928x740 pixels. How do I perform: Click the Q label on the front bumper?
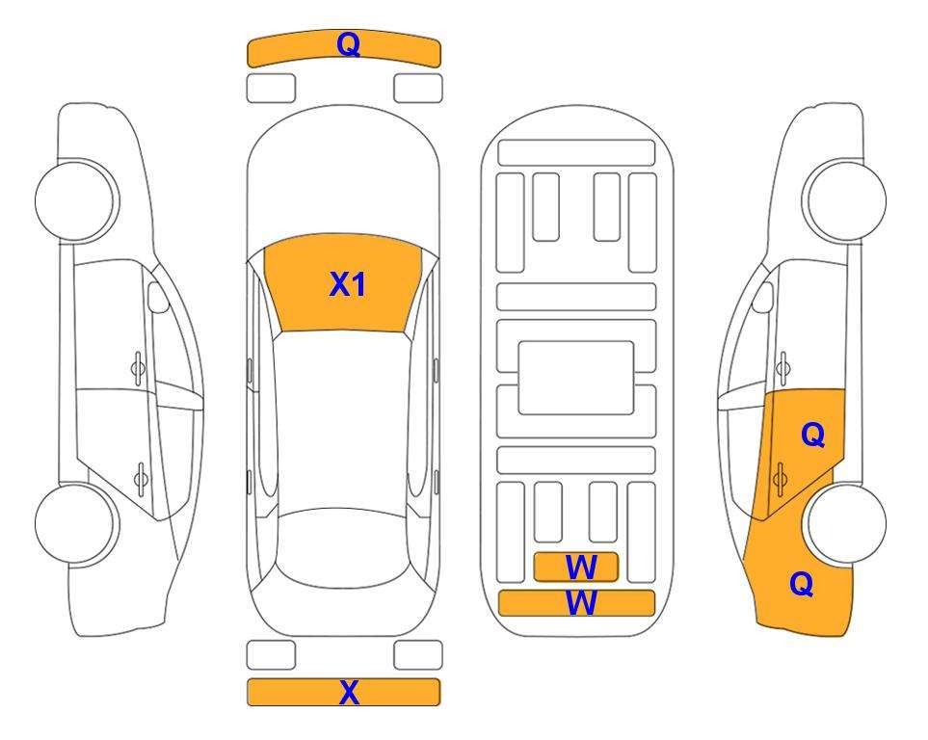point(348,44)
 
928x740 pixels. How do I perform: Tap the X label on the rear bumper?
point(349,692)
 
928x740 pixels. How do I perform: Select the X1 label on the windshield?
point(348,284)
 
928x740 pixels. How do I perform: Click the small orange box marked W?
point(576,568)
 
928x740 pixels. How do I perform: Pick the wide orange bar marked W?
point(576,603)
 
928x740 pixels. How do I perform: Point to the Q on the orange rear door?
point(813,436)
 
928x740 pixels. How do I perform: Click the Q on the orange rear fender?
point(802,584)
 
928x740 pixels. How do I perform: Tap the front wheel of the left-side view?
point(76,201)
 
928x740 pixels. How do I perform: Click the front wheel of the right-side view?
point(844,201)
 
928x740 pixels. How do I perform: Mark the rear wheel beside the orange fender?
point(846,523)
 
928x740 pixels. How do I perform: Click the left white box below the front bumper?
point(271,89)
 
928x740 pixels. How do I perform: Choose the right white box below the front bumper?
point(418,89)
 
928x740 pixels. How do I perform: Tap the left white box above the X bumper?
point(271,655)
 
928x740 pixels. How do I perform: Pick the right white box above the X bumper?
point(418,655)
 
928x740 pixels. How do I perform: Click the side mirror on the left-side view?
point(157,298)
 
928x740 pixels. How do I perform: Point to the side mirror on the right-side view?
point(763,298)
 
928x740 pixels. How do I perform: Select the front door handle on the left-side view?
point(138,368)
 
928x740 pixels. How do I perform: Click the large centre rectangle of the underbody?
point(576,378)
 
